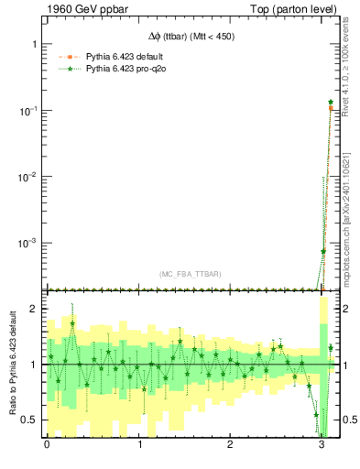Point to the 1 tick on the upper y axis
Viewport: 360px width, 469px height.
33,44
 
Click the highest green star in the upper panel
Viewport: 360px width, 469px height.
331,102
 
